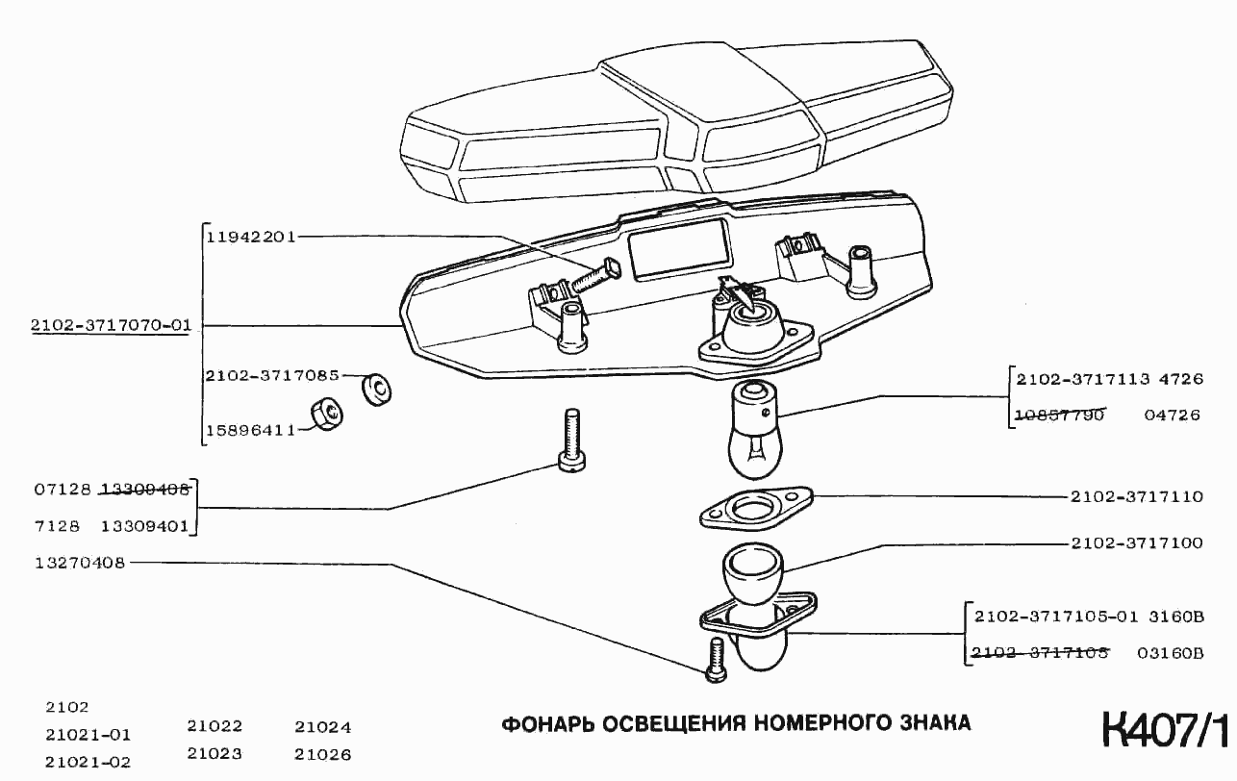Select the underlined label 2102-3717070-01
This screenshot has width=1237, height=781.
tap(111, 326)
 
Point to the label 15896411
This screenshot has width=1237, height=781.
tap(250, 430)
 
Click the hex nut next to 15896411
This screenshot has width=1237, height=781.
tap(327, 416)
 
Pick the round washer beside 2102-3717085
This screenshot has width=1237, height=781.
tap(376, 390)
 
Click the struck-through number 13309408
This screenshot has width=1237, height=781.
tap(144, 489)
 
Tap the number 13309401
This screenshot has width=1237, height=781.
tap(144, 527)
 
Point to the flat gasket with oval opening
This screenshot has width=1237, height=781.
tap(756, 507)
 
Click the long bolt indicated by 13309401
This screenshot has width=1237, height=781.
tap(572, 441)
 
